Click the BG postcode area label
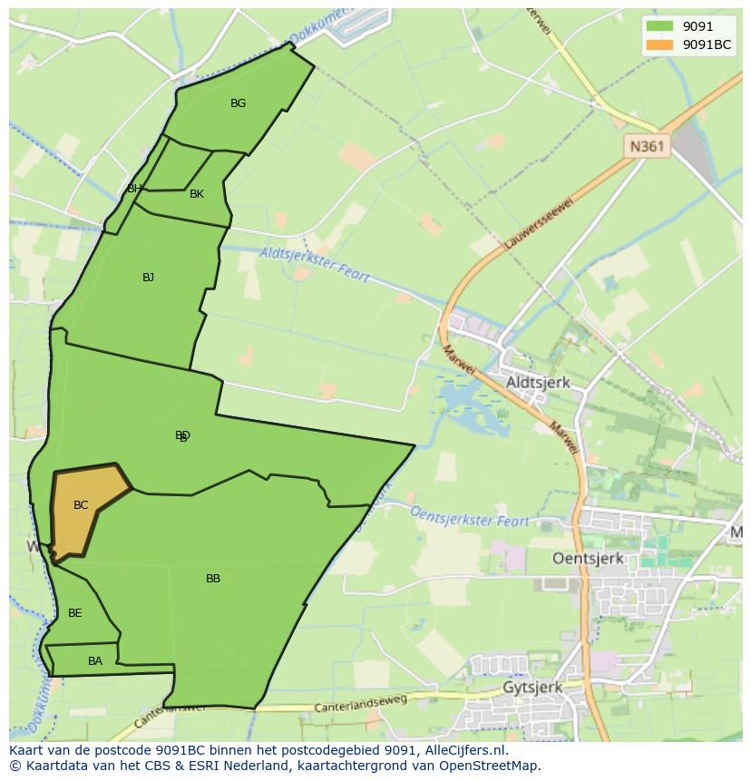pos(238,103)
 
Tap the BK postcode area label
pos(197,194)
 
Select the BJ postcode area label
pos(148,278)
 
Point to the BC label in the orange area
pos(81,505)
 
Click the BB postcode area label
pos(213,579)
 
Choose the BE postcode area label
pos(75,613)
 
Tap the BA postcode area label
pos(95,661)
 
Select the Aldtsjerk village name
pos(538,383)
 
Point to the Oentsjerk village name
pos(588,559)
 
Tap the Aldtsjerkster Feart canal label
pos(315,264)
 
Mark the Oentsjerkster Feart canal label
pos(470,518)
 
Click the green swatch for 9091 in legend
pos(659,26)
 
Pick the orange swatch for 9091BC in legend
pos(659,44)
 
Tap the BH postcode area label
pos(134,189)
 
